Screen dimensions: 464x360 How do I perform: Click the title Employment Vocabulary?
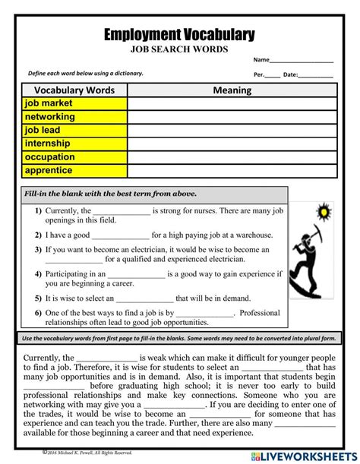point(179,34)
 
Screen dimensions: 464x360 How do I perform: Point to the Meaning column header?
point(232,90)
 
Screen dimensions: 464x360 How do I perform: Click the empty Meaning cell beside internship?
point(232,144)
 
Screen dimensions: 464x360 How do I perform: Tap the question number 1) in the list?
point(38,210)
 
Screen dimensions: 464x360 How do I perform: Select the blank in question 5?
point(144,299)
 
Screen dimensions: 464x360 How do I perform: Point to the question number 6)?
point(38,312)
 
